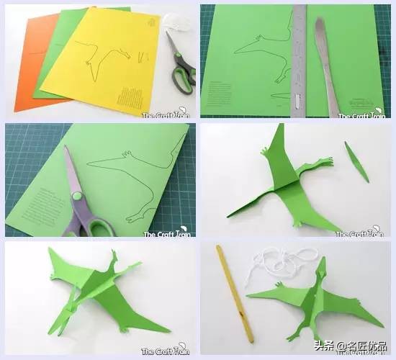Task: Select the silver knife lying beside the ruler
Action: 326,61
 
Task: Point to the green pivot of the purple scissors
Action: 75,196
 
